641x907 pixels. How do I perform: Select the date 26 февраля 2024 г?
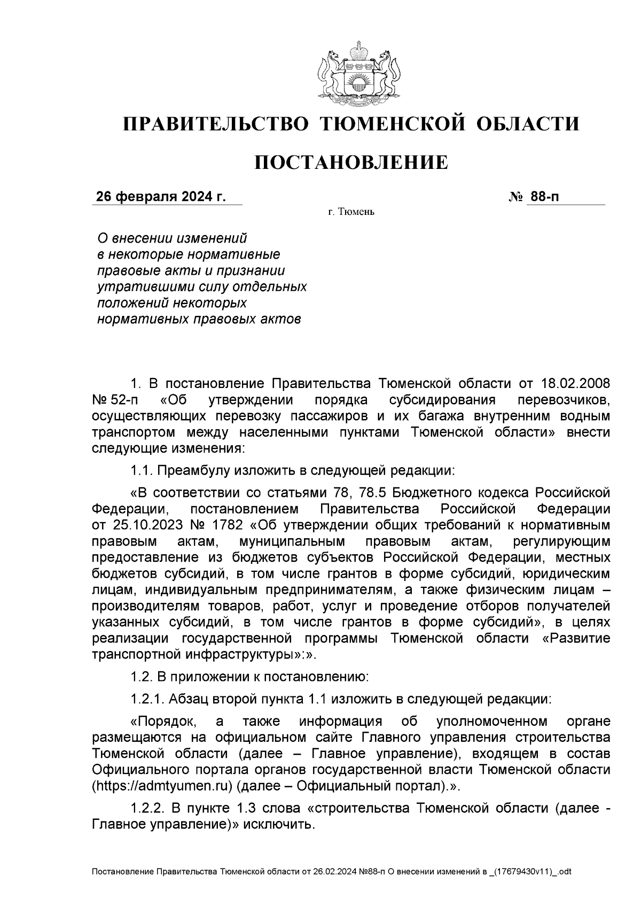(160, 197)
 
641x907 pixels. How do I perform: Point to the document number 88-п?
(544, 197)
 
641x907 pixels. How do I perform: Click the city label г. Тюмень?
(351, 213)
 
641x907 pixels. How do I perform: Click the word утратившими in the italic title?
(134, 287)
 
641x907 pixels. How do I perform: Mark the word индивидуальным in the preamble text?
(193, 590)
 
